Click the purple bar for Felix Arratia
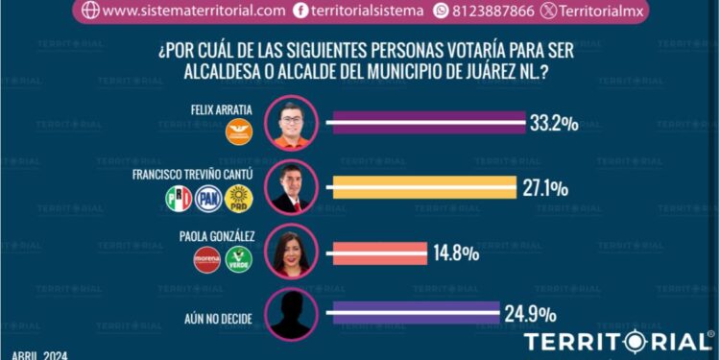click(x=426, y=122)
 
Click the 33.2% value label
click(x=553, y=122)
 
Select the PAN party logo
click(x=208, y=199)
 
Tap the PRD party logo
click(x=237, y=199)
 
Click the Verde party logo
click(x=238, y=258)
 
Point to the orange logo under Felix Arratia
click(x=237, y=133)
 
